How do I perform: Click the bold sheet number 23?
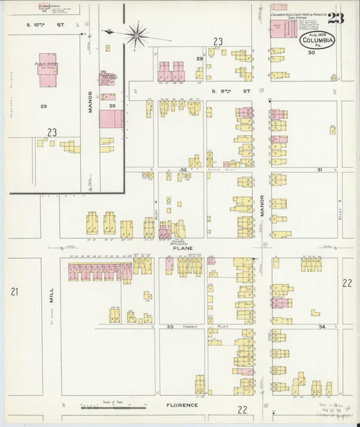(336, 18)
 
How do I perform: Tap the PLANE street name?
(182, 248)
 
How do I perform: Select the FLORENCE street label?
(183, 405)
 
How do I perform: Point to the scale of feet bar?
(113, 407)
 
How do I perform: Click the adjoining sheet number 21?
(14, 291)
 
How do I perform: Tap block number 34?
(322, 327)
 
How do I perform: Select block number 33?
(171, 327)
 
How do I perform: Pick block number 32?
(183, 170)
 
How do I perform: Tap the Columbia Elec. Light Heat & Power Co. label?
(299, 14)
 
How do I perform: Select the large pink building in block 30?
(111, 120)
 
